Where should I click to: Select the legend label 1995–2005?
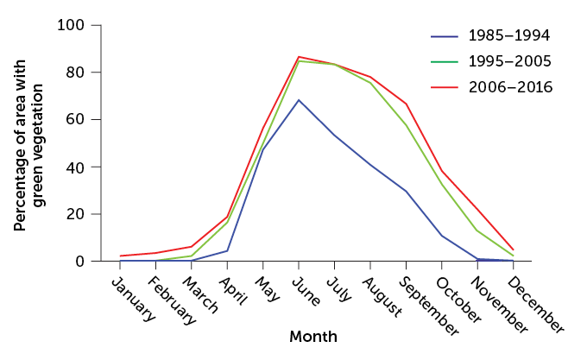(x=508, y=61)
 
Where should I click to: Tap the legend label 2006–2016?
(x=508, y=87)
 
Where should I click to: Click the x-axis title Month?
(x=313, y=337)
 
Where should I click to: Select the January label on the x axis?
(x=136, y=298)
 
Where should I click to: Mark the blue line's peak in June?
(x=299, y=100)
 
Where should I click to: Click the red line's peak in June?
(x=299, y=57)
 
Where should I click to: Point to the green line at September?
(x=406, y=125)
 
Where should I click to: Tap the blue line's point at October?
(x=442, y=236)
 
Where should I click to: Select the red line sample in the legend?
(x=444, y=87)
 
